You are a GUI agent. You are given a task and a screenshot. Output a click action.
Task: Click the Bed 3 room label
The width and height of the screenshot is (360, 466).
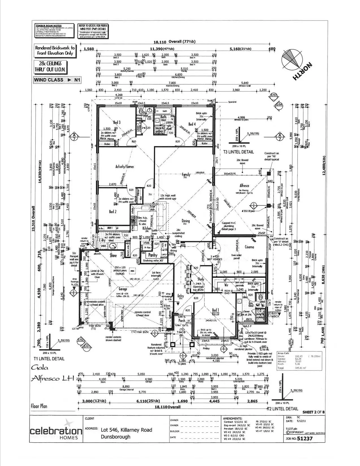coord(117,122)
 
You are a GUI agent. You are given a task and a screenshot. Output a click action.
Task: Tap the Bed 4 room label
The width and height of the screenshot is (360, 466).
coord(192,124)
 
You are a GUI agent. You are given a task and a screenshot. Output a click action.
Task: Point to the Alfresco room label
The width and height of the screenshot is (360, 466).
coord(244,186)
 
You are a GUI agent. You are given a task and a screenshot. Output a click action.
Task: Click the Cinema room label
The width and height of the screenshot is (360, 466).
coord(249,247)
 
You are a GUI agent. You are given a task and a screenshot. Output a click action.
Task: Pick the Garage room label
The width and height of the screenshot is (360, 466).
coord(123,289)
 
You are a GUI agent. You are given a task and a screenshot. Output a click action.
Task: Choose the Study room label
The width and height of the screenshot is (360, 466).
coord(201,279)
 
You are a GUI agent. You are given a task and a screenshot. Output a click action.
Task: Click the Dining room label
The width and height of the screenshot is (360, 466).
coord(186,221)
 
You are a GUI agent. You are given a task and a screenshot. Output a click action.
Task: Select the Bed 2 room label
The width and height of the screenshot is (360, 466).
coord(113,212)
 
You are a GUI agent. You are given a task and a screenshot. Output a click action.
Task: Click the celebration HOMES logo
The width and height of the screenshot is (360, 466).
coord(56,431)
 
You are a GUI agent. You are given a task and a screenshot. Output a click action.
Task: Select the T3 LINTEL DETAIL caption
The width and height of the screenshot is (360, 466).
coord(238,152)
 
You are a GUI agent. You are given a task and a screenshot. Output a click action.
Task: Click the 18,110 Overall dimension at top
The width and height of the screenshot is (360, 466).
coord(174,42)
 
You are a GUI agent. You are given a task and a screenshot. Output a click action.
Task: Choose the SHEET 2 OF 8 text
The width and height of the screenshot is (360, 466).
coord(313,412)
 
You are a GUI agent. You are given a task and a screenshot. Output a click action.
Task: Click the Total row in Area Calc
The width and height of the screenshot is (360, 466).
coord(299,368)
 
